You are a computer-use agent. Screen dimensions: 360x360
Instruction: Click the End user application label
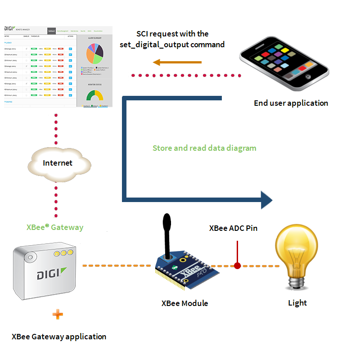pos(291,103)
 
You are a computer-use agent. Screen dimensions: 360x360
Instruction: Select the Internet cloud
pos(57,163)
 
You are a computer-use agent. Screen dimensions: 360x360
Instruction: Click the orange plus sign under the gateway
pos(57,314)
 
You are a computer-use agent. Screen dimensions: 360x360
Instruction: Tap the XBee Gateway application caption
pos(59,337)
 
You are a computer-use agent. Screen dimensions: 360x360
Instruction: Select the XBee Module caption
pos(184,303)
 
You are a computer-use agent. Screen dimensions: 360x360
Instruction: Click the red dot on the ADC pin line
pos(237,265)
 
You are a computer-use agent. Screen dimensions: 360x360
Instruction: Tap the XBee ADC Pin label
pos(233,228)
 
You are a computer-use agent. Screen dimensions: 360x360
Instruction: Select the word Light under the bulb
pos(297,303)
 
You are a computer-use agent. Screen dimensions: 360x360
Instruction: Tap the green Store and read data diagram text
pos(204,148)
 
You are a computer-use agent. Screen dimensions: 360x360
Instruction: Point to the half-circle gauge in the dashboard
pos(94,96)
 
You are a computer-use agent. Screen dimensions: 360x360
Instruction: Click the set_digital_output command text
pos(172,45)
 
